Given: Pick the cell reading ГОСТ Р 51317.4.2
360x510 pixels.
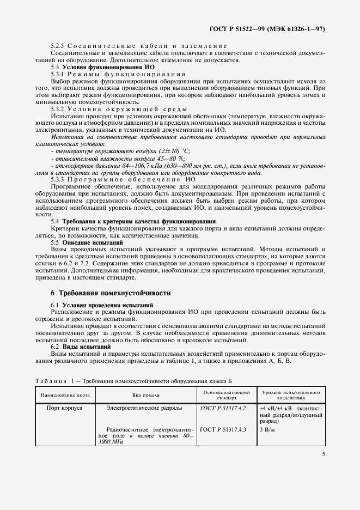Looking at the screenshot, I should (223, 408).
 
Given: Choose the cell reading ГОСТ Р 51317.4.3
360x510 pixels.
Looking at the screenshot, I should (223, 429).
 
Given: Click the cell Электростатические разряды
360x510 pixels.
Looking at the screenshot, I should (144, 408).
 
